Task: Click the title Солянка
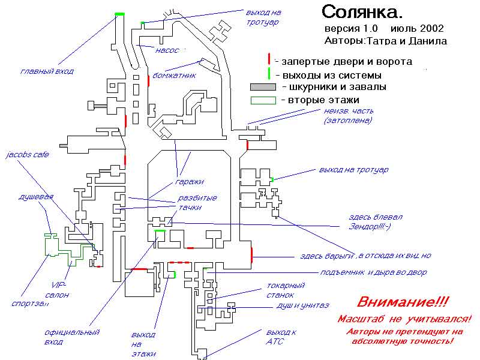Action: coord(362,11)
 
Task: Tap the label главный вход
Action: coord(47,71)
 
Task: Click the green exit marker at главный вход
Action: coord(120,14)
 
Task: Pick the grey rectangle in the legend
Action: coord(262,87)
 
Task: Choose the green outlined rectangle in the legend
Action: coord(262,100)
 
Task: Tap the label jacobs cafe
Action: coord(27,155)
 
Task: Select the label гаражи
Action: coord(190,181)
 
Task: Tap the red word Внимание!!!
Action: coord(403,302)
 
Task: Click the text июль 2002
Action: coord(418,29)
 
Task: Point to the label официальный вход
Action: coord(71,337)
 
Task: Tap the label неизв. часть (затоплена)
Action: coord(348,115)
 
